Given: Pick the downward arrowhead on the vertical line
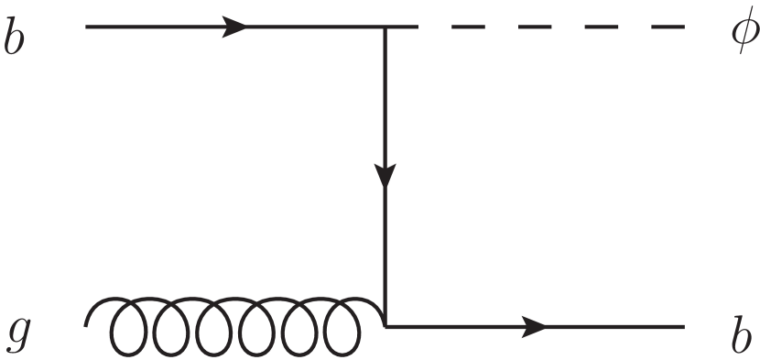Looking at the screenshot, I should coord(385,174).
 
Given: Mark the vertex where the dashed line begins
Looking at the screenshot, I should coord(385,27).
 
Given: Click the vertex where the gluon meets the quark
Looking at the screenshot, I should coord(385,326).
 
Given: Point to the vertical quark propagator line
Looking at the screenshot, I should coord(385,247).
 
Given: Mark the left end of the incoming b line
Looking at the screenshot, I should coord(87,27).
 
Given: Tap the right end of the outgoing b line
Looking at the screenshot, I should coord(683,326).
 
